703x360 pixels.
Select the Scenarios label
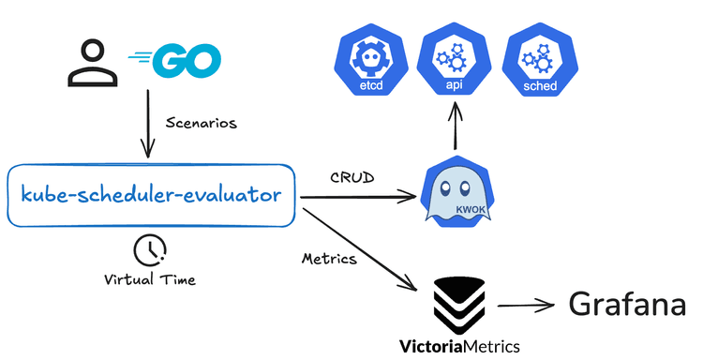coord(201,122)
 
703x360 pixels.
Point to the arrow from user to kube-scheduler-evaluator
coord(147,122)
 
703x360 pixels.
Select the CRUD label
coord(351,176)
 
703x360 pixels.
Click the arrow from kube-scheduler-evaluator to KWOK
coord(356,196)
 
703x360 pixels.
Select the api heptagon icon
coord(455,62)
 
